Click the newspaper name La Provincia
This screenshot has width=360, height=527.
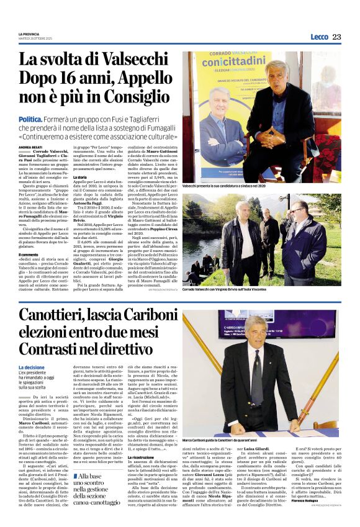[30, 34]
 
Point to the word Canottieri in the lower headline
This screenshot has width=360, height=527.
[60, 317]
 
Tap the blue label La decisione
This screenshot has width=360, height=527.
[32, 367]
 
